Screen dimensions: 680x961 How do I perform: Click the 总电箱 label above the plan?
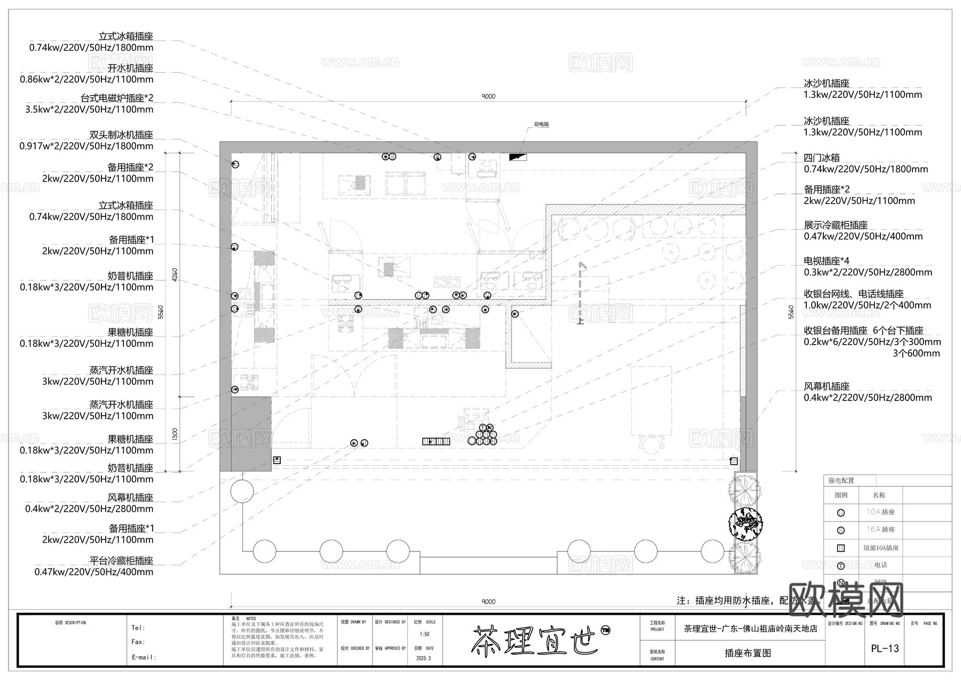(x=541, y=124)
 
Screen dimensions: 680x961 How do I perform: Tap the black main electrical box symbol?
(x=517, y=157)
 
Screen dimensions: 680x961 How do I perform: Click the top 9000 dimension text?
(x=488, y=97)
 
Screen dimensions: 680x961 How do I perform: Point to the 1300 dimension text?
(x=174, y=435)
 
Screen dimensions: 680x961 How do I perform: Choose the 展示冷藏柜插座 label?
(x=836, y=225)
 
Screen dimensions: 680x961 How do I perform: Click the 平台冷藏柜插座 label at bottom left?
(x=121, y=561)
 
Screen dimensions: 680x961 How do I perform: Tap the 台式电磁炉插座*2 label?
(x=116, y=98)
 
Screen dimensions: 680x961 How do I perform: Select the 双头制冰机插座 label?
(x=121, y=135)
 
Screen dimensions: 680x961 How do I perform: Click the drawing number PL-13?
(x=885, y=648)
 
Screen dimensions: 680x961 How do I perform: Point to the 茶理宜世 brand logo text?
(x=534, y=639)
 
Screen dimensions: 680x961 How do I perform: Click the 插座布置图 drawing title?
(x=747, y=653)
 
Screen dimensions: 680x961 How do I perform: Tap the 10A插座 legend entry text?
(x=880, y=512)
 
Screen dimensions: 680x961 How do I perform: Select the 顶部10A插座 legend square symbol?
(x=841, y=548)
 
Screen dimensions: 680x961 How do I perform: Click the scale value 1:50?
(x=424, y=635)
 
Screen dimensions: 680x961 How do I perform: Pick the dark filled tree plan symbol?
(x=746, y=522)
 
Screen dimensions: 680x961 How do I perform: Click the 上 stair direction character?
(x=580, y=321)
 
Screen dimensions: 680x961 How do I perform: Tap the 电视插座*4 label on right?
(x=826, y=261)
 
